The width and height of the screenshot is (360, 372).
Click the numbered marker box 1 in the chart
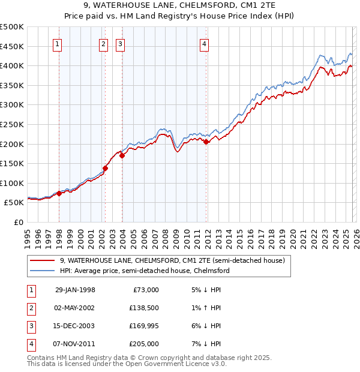pyautogui.click(x=58, y=43)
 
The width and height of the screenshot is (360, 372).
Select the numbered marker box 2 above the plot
pyautogui.click(x=103, y=43)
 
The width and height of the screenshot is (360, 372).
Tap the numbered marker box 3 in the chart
pyautogui.click(x=121, y=43)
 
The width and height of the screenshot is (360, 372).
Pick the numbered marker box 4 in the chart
pyautogui.click(x=204, y=43)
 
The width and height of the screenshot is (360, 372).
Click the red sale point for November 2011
pyautogui.click(x=206, y=142)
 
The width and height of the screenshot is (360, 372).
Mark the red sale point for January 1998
pyautogui.click(x=59, y=193)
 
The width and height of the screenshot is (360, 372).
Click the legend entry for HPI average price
pyautogui.click(x=144, y=271)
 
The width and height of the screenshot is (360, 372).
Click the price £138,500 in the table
pyautogui.click(x=143, y=307)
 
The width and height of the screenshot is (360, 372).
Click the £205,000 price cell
pyautogui.click(x=143, y=344)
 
